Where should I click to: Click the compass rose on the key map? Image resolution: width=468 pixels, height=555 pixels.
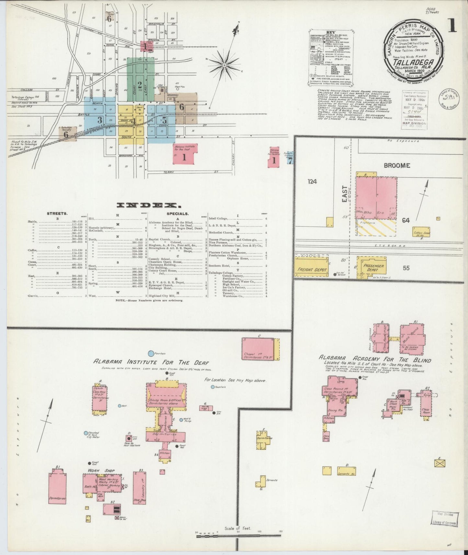pyautogui.click(x=224, y=65)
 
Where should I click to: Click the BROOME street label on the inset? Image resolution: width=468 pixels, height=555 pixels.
pyautogui.click(x=397, y=165)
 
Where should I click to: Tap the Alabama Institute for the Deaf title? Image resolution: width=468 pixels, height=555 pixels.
pyautogui.click(x=151, y=362)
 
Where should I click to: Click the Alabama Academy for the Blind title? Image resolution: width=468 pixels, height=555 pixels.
pyautogui.click(x=375, y=359)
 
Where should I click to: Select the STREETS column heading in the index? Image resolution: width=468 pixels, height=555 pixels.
pyautogui.click(x=57, y=214)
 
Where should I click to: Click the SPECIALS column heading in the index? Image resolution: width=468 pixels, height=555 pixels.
pyautogui.click(x=177, y=214)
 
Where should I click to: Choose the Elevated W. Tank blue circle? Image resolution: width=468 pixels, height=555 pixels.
pyautogui.click(x=86, y=433)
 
